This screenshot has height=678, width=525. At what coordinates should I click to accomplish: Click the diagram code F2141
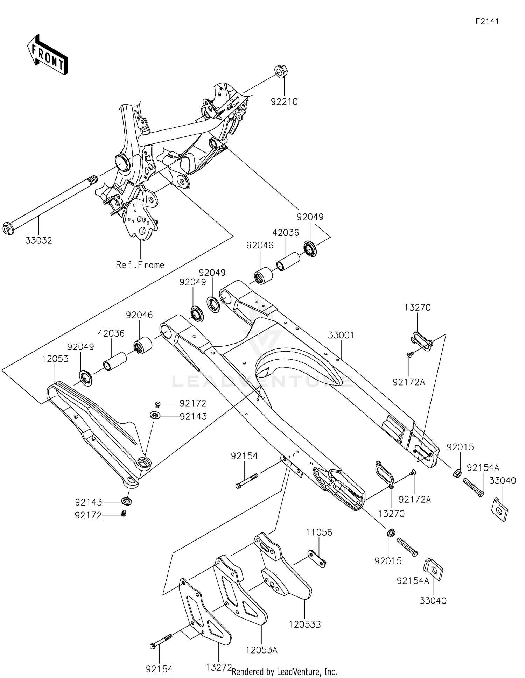click(487, 21)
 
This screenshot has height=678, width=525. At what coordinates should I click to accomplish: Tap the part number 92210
click(284, 102)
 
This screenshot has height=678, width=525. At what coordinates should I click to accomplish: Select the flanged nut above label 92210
click(279, 71)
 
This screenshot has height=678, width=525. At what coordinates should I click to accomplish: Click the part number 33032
click(38, 241)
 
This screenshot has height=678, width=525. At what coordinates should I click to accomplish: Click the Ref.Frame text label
click(140, 265)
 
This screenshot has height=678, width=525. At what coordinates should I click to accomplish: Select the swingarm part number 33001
click(341, 335)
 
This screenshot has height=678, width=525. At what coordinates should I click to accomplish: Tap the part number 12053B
click(304, 624)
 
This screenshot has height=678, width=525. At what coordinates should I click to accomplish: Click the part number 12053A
click(261, 650)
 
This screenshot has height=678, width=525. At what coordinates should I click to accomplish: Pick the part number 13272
click(219, 668)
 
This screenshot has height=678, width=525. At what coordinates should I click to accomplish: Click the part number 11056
click(319, 532)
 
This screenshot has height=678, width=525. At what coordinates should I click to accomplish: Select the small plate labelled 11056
click(317, 559)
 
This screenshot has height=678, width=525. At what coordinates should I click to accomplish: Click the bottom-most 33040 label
click(433, 601)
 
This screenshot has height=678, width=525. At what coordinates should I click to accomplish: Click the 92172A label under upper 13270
click(408, 382)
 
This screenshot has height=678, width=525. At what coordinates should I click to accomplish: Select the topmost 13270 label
click(417, 308)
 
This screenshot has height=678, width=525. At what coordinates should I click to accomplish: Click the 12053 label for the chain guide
click(55, 359)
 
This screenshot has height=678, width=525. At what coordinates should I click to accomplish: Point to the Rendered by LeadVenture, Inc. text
click(284, 672)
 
